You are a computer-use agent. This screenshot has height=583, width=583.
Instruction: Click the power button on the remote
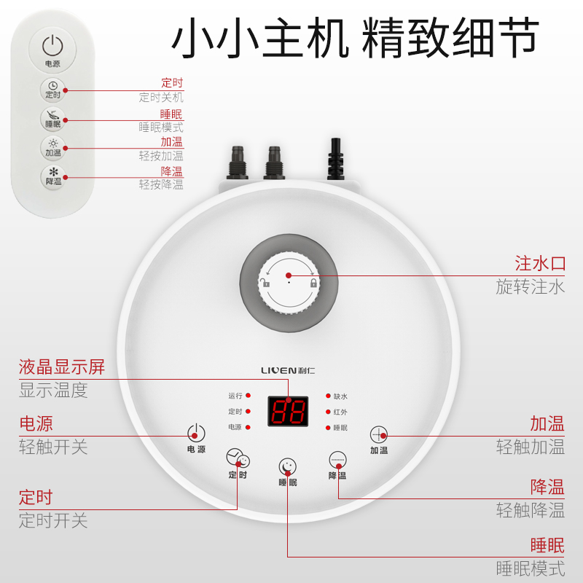52,47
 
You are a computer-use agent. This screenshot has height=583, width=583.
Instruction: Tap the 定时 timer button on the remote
52,90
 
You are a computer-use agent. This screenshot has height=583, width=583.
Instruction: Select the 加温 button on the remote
52,147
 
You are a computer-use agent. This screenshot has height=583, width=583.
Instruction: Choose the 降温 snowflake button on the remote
52,176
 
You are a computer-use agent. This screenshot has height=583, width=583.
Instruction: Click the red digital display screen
288,412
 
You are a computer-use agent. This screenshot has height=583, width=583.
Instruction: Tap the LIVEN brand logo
289,370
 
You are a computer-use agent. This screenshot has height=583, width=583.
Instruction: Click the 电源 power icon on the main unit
196,432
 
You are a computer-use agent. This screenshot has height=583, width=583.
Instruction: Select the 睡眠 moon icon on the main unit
288,466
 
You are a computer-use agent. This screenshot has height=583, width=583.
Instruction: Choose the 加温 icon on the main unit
378,434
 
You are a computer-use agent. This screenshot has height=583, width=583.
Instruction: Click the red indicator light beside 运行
248,396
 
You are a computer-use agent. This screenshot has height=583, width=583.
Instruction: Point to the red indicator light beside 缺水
328,396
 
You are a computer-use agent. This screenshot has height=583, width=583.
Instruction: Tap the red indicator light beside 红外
328,412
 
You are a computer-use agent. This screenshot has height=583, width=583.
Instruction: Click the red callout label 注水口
540,263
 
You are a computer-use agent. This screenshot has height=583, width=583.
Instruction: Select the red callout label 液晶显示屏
62,367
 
